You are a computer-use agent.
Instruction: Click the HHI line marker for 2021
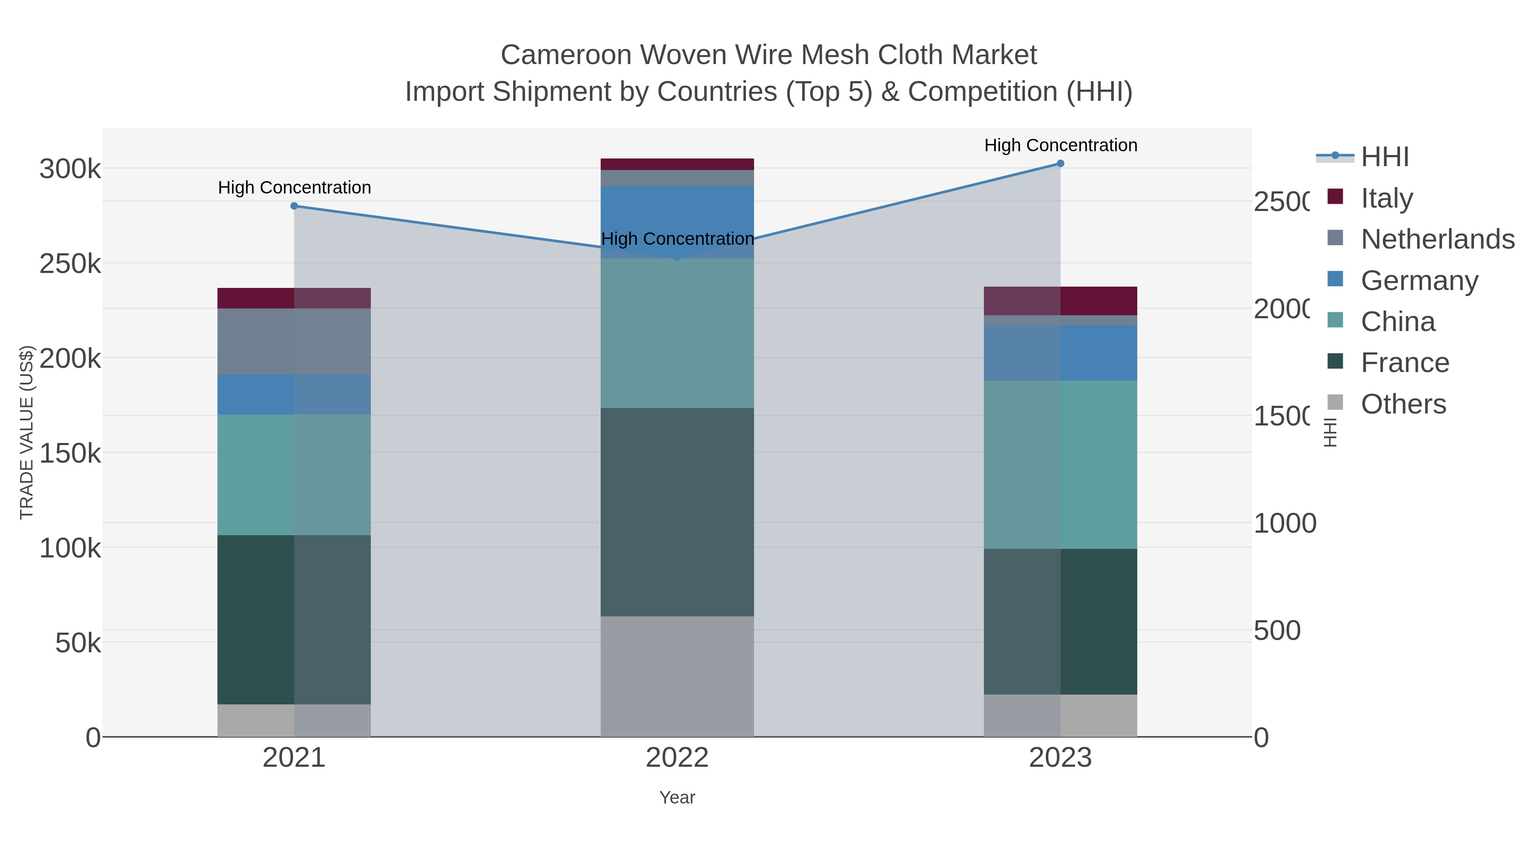(294, 206)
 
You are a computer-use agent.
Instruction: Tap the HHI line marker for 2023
(1060, 164)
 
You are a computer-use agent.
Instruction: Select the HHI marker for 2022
(677, 258)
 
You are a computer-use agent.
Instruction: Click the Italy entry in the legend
(1386, 198)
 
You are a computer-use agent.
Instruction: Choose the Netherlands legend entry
(1437, 239)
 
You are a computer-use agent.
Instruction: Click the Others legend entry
(1403, 404)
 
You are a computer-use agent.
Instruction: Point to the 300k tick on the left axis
(70, 169)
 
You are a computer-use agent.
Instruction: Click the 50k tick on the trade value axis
(78, 643)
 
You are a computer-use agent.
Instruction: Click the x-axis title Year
(677, 798)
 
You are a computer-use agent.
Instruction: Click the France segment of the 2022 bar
(677, 512)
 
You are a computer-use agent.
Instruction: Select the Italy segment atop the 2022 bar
(677, 164)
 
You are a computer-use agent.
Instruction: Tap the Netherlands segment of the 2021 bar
(294, 341)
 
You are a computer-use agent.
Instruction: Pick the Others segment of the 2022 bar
(677, 676)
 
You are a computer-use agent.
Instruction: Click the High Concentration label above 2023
(1060, 145)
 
